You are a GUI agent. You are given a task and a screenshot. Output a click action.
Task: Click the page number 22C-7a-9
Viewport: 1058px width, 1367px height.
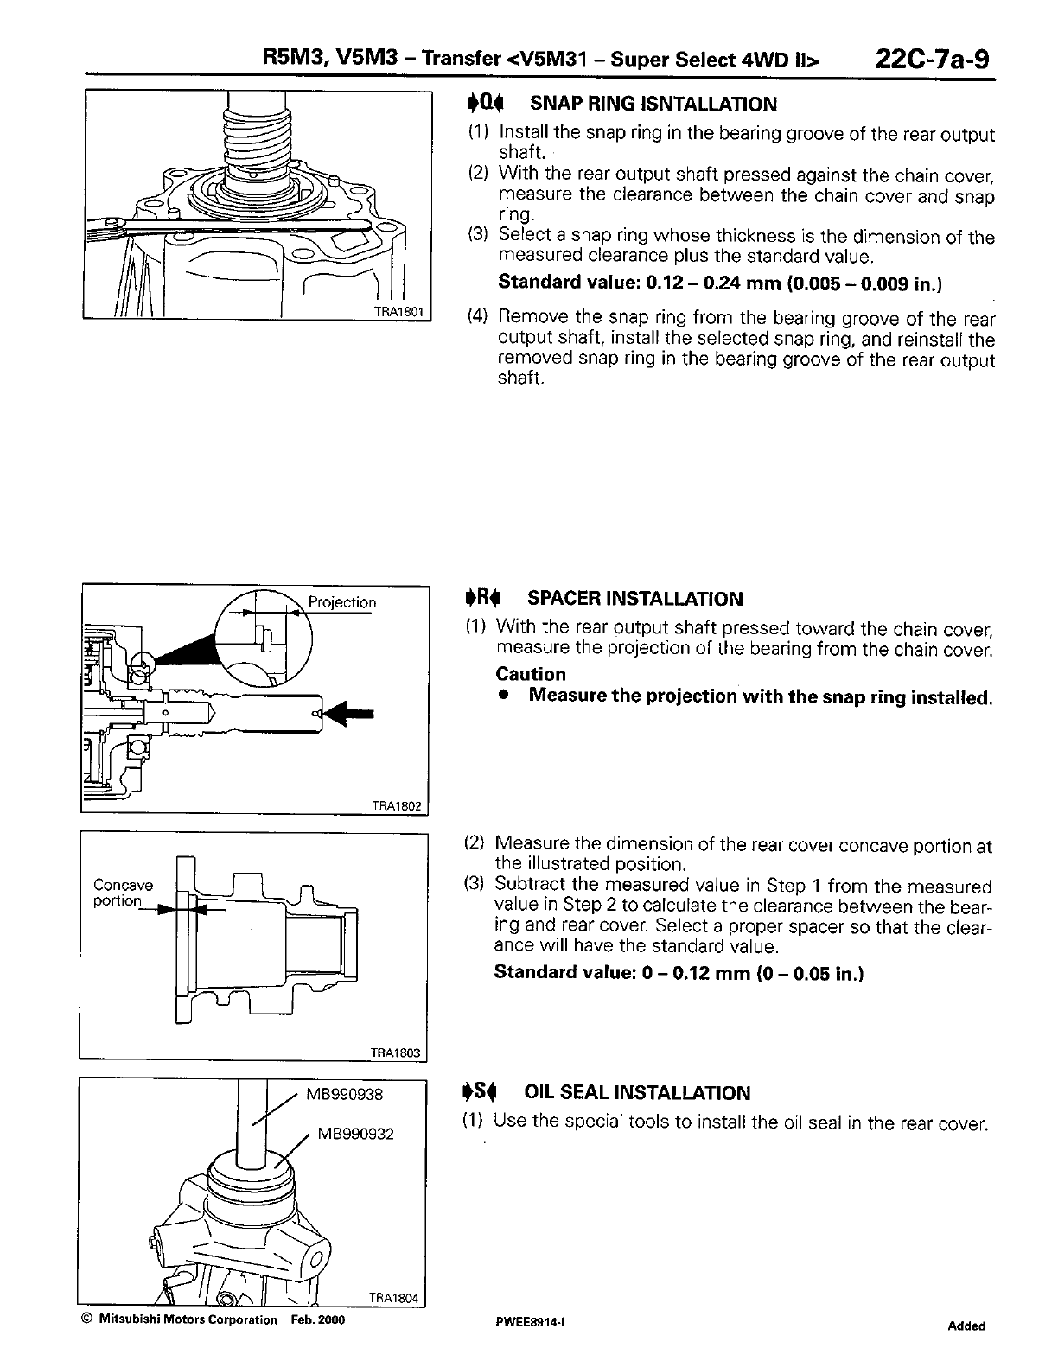pyautogui.click(x=932, y=60)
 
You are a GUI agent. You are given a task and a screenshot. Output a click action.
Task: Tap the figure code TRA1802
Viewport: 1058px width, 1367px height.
pyautogui.click(x=396, y=805)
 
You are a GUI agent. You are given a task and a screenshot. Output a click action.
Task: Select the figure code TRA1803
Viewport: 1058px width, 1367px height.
pyautogui.click(x=395, y=1052)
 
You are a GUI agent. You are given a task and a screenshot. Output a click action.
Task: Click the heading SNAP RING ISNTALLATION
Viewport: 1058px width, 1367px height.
pyautogui.click(x=653, y=105)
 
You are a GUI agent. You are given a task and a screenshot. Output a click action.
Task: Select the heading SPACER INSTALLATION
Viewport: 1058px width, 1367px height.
pyautogui.click(x=634, y=599)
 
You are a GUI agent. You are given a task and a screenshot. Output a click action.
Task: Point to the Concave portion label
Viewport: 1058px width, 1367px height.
pyautogui.click(x=123, y=893)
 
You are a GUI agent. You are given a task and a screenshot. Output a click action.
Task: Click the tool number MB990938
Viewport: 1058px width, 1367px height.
pyautogui.click(x=345, y=1094)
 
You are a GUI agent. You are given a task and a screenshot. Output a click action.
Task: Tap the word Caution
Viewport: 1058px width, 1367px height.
pyautogui.click(x=531, y=674)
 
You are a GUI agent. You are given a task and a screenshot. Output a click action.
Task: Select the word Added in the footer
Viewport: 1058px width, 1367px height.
pyautogui.click(x=966, y=1326)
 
